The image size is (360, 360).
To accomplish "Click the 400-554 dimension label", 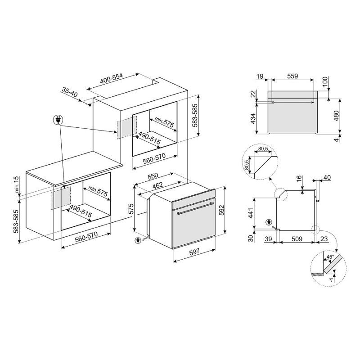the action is (x=112, y=78).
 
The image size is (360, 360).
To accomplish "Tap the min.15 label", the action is (x=17, y=184).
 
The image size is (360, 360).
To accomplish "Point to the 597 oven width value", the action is (x=194, y=252).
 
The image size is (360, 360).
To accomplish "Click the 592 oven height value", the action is (x=220, y=209).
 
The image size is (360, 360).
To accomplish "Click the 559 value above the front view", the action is (x=292, y=76).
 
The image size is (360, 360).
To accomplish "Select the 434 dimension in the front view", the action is (x=253, y=118).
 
